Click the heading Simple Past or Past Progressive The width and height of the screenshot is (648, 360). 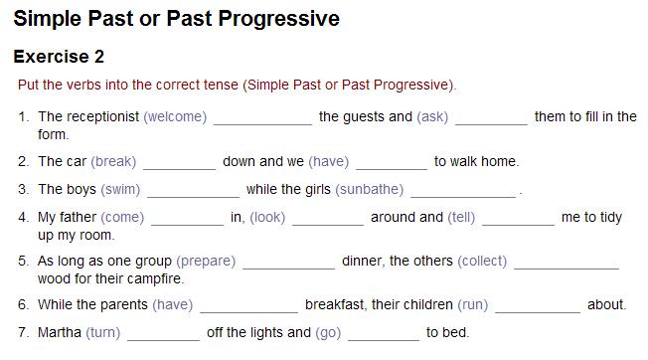[176, 19]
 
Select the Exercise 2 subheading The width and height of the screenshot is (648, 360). [59, 57]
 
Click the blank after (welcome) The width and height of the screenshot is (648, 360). [262, 117]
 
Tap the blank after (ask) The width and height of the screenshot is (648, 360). [491, 117]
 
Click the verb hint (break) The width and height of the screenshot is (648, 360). [113, 161]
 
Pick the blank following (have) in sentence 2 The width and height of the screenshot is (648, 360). [391, 162]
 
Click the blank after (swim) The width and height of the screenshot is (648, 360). [193, 190]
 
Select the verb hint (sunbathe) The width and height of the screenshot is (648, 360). [369, 189]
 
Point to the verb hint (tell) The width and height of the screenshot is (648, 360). [461, 218]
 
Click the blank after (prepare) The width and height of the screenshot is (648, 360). [288, 263]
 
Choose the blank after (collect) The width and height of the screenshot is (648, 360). [566, 263]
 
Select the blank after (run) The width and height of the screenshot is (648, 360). [537, 306]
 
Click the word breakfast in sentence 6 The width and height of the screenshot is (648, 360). [339, 305]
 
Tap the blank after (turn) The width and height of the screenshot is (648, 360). [163, 334]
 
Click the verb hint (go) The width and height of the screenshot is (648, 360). [328, 333]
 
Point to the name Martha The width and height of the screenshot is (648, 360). [60, 333]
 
